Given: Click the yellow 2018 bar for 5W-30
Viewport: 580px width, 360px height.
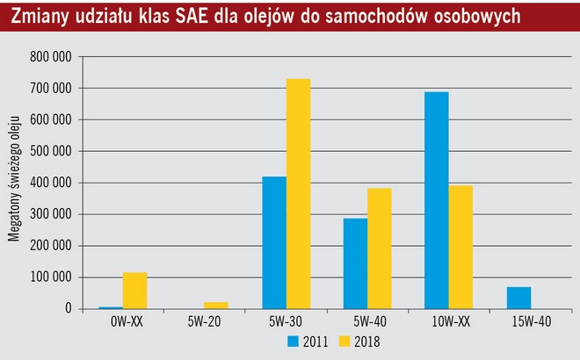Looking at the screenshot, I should click(298, 194).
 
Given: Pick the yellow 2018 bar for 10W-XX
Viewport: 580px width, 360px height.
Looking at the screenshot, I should click(460, 247).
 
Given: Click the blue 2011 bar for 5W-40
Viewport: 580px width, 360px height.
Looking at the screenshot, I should click(356, 263).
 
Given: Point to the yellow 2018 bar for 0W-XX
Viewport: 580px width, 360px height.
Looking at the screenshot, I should click(134, 291).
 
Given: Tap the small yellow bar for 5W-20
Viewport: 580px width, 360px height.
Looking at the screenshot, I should click(216, 306).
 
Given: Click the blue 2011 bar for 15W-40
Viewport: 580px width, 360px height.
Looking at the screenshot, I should click(518, 299).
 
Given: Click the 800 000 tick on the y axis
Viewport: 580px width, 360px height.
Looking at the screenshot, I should click(50, 57).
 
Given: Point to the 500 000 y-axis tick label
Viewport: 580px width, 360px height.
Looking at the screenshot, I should click(50, 151).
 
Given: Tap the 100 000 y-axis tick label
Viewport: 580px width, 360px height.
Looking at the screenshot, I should click(50, 277).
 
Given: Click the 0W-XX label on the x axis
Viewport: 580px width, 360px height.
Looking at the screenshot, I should click(123, 321).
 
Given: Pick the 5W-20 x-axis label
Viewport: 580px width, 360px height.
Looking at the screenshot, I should click(204, 321).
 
